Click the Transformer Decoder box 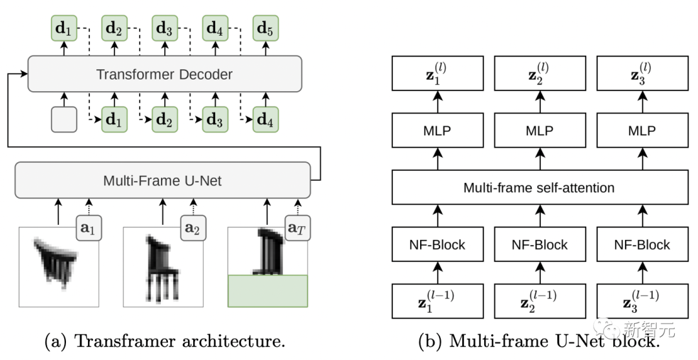coord(164,74)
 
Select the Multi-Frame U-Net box coord(162,180)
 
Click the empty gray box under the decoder coord(64,120)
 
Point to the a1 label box coord(90,228)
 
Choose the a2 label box coord(193,228)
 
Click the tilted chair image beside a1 coord(55,265)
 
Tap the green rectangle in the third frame coord(268,290)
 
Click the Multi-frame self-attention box coord(539,188)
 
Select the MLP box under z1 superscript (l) coord(438,131)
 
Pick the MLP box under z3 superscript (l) coord(641,131)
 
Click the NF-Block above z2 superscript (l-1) coord(539,245)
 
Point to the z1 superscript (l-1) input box coord(438,301)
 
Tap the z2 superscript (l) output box coord(539,73)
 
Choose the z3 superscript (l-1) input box coord(641,301)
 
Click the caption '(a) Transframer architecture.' coord(165,341)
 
